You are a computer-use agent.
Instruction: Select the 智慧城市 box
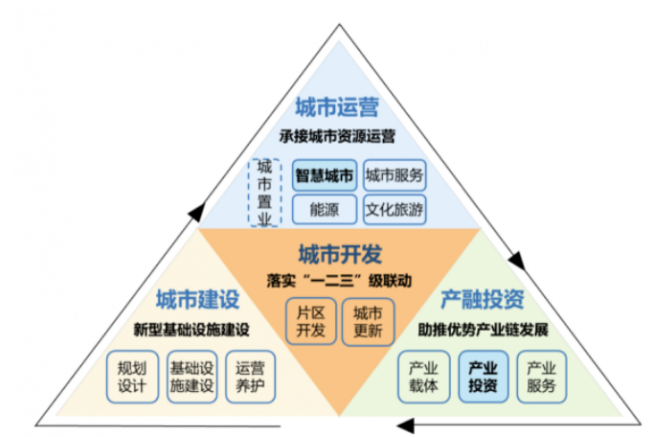pyautogui.click(x=325, y=175)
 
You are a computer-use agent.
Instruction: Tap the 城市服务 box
pyautogui.click(x=395, y=175)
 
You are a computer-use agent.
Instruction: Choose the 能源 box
pyautogui.click(x=325, y=209)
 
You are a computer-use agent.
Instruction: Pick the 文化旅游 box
pyautogui.click(x=395, y=209)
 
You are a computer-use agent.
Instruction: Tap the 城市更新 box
pyautogui.click(x=368, y=322)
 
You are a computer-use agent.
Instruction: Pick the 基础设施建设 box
pyautogui.click(x=192, y=377)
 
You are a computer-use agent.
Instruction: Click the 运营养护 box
pyautogui.click(x=250, y=377)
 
